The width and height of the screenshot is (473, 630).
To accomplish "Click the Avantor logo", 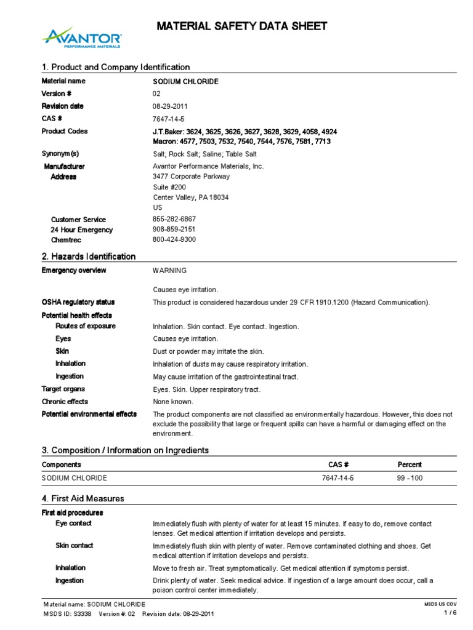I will (81, 38).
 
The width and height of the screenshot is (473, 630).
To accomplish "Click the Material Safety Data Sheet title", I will (241, 26).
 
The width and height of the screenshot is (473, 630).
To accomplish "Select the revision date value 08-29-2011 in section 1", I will (170, 106).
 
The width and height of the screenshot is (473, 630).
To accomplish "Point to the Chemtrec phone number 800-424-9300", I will (174, 239).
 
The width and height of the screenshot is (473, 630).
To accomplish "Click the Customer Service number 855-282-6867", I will (174, 220).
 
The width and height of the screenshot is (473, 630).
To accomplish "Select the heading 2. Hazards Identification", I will (89, 257).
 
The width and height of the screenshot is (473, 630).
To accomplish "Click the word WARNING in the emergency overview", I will (169, 271).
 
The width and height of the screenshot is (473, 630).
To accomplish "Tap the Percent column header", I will (410, 465).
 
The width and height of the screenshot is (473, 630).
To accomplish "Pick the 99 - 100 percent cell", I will (411, 478).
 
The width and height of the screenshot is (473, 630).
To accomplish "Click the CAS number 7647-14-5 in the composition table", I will (339, 478).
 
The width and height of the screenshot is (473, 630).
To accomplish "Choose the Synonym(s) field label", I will (60, 154).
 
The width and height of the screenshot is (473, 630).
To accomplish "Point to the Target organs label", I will (63, 389).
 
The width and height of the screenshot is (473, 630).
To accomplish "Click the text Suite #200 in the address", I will (169, 187).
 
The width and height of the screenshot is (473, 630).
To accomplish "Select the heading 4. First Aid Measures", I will (83, 498).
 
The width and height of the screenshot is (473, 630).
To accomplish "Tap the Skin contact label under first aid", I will (73, 546).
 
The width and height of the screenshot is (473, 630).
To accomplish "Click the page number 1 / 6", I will (450, 613).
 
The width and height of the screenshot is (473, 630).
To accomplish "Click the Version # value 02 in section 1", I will (156, 94).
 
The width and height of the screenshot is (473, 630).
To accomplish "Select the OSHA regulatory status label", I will (78, 302).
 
